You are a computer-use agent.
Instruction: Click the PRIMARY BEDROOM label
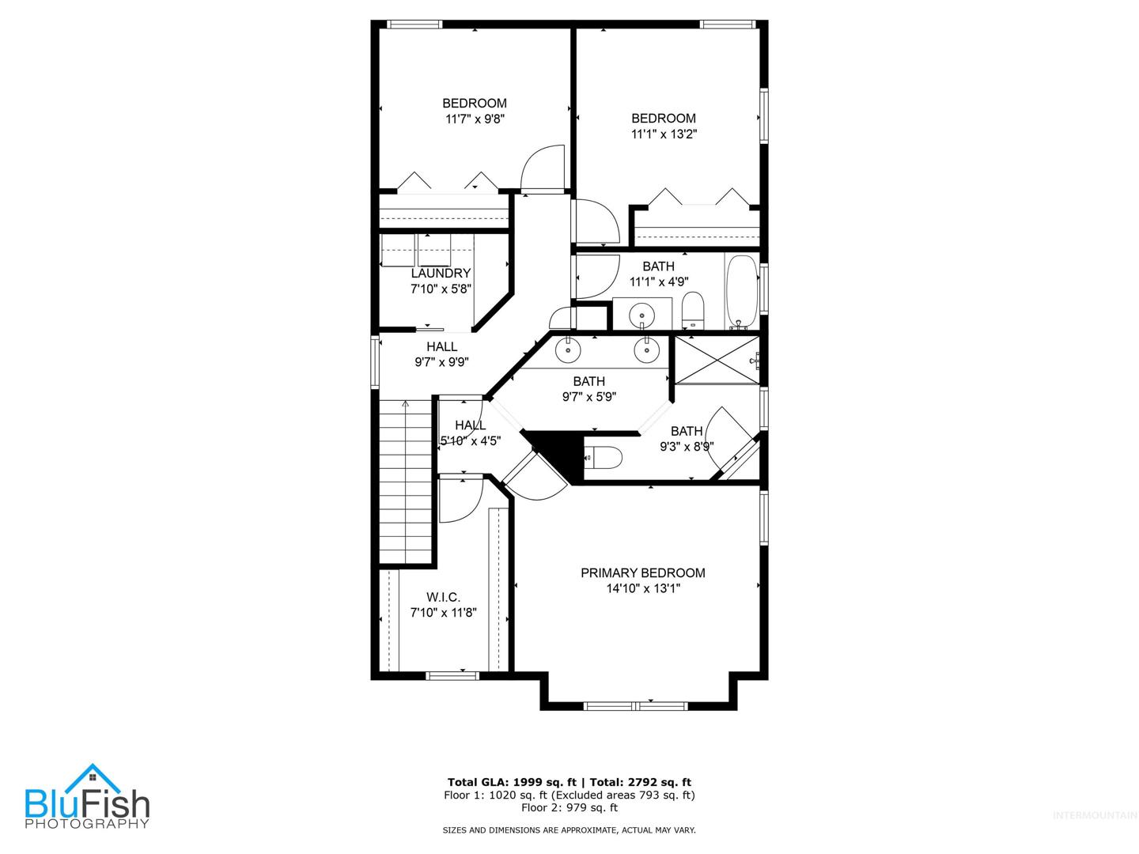click(642, 572)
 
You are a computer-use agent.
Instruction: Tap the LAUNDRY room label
click(441, 274)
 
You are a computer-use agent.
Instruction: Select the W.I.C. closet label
click(443, 597)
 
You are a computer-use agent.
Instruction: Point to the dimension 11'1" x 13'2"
click(663, 134)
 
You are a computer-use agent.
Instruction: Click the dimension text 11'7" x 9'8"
click(475, 119)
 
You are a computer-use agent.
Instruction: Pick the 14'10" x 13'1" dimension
click(643, 588)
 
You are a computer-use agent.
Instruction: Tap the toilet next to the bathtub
click(692, 310)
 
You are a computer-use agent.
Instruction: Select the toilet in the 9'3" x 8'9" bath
click(604, 457)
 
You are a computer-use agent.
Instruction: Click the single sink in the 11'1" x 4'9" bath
click(642, 314)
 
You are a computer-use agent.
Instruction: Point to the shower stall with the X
click(717, 361)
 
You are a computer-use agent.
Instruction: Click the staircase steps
click(405, 482)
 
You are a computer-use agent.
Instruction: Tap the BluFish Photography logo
click(87, 796)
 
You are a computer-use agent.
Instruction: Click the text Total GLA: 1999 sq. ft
click(512, 783)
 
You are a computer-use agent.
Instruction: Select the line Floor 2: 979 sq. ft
click(569, 807)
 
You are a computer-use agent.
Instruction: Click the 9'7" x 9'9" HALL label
click(441, 354)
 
